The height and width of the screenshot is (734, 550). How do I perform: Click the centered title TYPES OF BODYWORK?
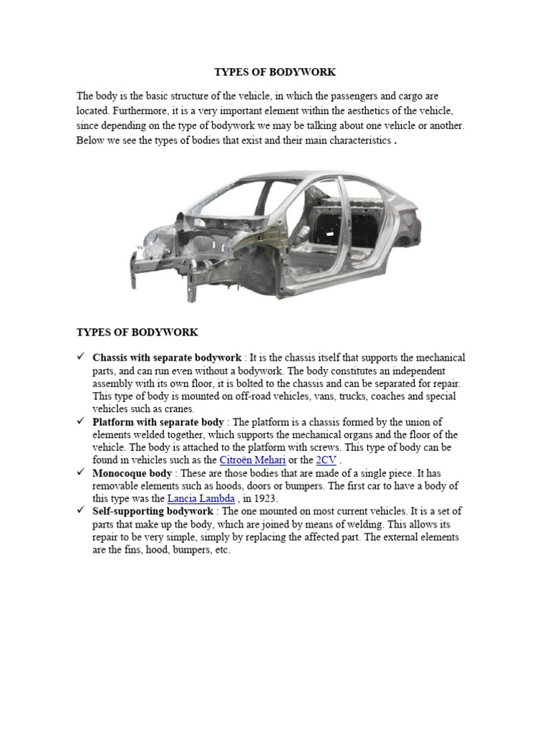click(275, 72)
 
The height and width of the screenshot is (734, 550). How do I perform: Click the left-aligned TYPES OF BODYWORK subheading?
click(137, 333)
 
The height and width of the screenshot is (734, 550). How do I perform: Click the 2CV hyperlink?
click(326, 460)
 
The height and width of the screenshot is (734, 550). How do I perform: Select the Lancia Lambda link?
click(201, 498)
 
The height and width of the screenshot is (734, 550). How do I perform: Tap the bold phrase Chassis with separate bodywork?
click(167, 358)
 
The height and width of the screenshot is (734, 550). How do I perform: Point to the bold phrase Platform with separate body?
click(158, 422)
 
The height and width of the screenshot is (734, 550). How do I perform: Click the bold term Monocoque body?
click(132, 473)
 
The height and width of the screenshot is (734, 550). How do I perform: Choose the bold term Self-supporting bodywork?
click(153, 512)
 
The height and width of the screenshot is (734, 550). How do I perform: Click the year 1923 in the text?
click(264, 498)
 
